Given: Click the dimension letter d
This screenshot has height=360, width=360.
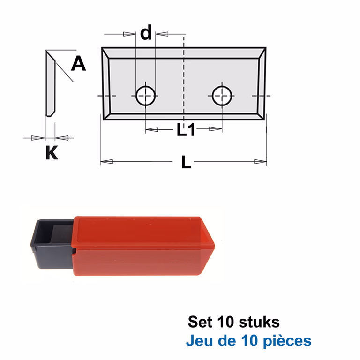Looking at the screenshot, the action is (146, 32).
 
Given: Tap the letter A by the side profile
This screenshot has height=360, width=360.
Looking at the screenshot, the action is (79, 64).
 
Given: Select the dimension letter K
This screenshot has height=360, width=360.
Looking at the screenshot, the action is (52, 152).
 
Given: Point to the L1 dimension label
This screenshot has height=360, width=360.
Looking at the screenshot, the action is (186, 129).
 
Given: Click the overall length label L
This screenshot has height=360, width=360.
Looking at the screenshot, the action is (186, 162).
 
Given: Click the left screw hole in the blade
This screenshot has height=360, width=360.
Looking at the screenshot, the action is (146, 96).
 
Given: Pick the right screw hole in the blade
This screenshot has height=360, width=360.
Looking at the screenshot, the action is (222, 96).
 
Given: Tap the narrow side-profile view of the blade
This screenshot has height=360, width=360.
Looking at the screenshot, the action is (51, 83).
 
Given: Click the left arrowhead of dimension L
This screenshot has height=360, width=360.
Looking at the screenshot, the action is (107, 162).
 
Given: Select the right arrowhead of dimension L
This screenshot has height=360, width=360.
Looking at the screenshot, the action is (260, 162).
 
